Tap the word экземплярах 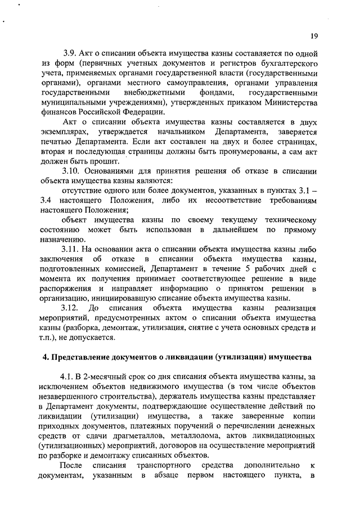pyautogui.click(x=65, y=132)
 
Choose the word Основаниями pyautogui.click(x=115, y=170)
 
